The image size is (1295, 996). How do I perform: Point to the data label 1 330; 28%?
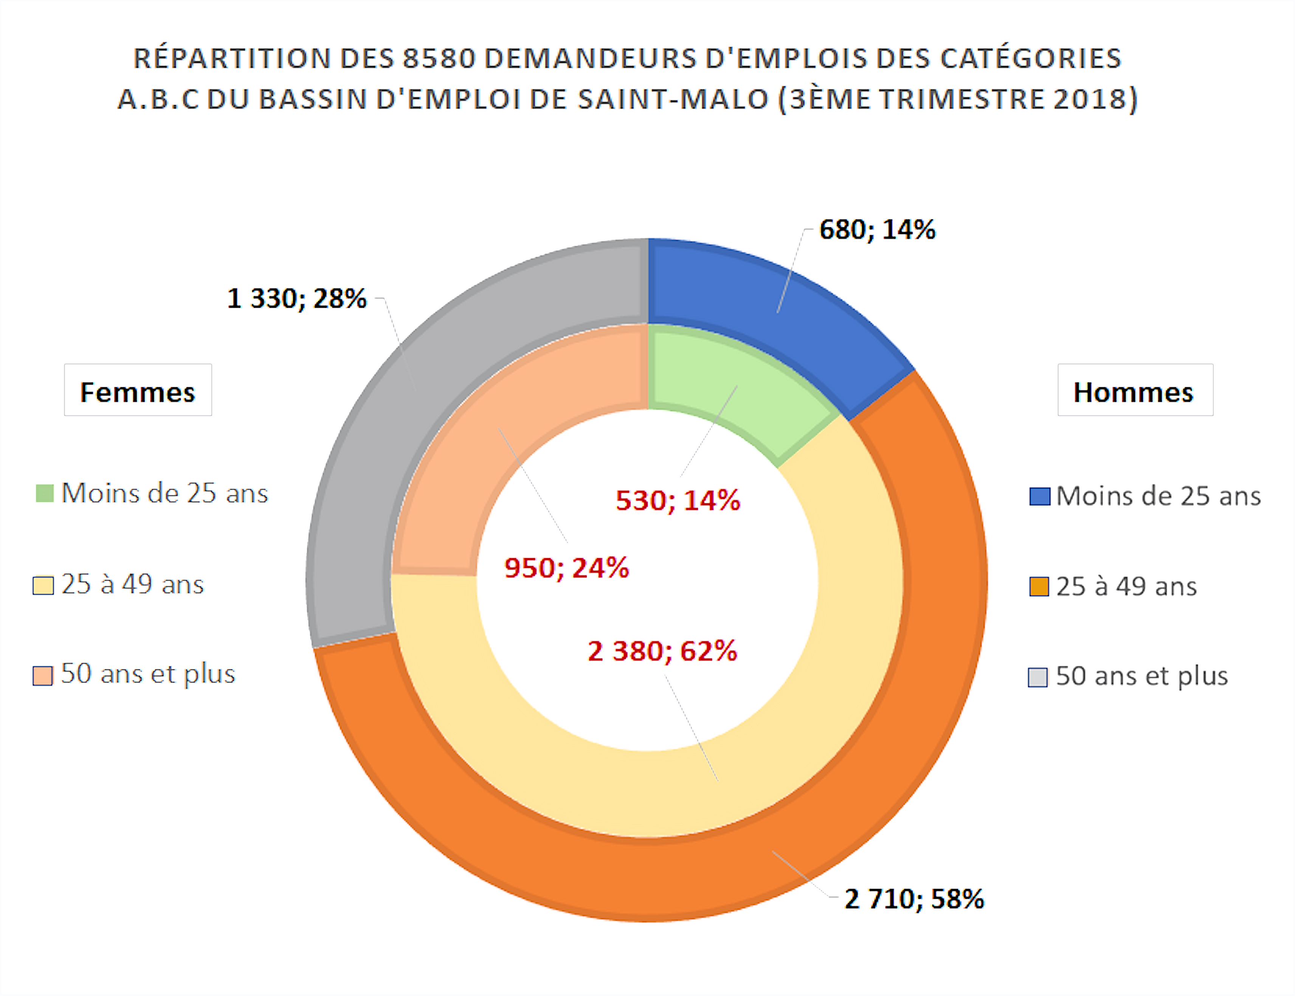[x=296, y=298]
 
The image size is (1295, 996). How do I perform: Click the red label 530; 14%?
[x=678, y=500]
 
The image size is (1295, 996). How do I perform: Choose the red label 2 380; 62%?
[x=662, y=651]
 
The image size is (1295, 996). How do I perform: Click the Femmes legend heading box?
[x=138, y=390]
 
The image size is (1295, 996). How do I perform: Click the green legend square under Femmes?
[x=45, y=493]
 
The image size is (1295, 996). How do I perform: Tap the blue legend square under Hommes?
[x=1039, y=496]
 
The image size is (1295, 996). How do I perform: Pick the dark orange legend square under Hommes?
[x=1039, y=586]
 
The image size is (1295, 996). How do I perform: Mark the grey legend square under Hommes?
[x=1037, y=677]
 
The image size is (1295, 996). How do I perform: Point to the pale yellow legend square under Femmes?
[x=43, y=585]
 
